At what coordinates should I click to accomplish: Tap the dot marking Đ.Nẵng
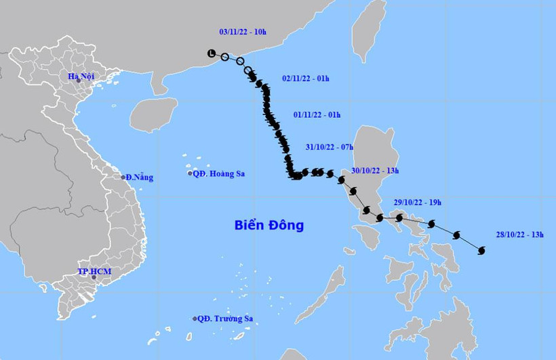[124, 177]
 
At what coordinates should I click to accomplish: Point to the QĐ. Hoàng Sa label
[218, 174]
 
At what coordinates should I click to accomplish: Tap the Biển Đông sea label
[269, 225]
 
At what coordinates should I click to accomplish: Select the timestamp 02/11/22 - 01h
[306, 79]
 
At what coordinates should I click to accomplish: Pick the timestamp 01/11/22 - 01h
[317, 115]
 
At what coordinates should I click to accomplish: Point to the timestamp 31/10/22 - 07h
[330, 147]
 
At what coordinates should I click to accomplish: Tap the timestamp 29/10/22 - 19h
[418, 203]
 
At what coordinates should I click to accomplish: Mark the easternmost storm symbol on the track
[481, 251]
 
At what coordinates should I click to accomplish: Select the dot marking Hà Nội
[78, 81]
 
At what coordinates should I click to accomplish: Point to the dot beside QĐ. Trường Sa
[195, 319]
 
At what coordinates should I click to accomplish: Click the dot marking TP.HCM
[95, 277]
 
